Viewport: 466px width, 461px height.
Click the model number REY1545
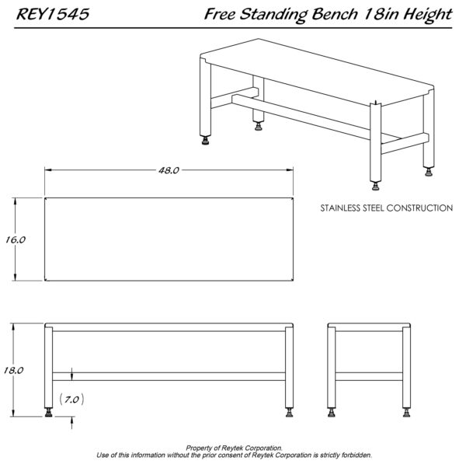(53, 14)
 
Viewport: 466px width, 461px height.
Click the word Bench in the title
(334, 14)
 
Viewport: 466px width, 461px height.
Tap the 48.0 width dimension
(169, 170)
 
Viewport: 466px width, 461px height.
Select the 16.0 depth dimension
(16, 239)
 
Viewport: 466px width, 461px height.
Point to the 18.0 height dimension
(13, 370)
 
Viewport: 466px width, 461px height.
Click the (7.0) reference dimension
(71, 399)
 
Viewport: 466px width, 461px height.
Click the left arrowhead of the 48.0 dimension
(48, 169)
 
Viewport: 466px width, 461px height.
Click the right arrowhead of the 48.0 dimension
(290, 169)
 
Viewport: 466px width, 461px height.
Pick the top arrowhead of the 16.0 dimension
(16, 201)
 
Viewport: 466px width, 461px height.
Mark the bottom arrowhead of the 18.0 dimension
(13, 413)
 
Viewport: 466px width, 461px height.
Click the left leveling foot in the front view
(48, 413)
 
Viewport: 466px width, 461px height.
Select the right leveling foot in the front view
(289, 413)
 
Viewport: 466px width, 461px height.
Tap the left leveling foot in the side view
(332, 413)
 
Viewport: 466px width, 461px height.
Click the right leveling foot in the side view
(406, 413)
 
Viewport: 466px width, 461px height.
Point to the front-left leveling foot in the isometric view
(205, 141)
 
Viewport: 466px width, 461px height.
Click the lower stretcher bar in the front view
(169, 376)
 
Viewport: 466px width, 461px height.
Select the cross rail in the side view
(369, 376)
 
